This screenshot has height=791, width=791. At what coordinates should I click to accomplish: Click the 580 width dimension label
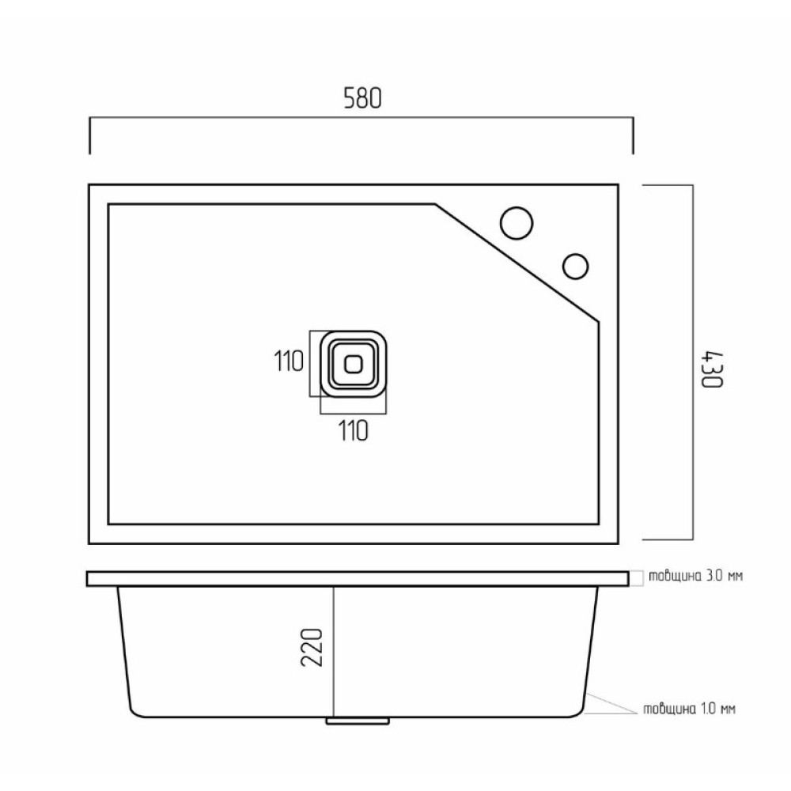point(362,98)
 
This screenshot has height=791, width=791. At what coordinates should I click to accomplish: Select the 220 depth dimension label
point(312,648)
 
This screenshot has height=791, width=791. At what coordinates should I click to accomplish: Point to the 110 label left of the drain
point(289,361)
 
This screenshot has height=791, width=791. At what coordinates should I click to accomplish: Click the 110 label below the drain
point(353,431)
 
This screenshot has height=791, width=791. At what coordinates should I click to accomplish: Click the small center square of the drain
point(353,364)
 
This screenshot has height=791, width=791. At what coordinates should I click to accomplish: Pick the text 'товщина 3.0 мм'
point(695,576)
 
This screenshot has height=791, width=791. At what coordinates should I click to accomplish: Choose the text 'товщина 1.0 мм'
point(689,709)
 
